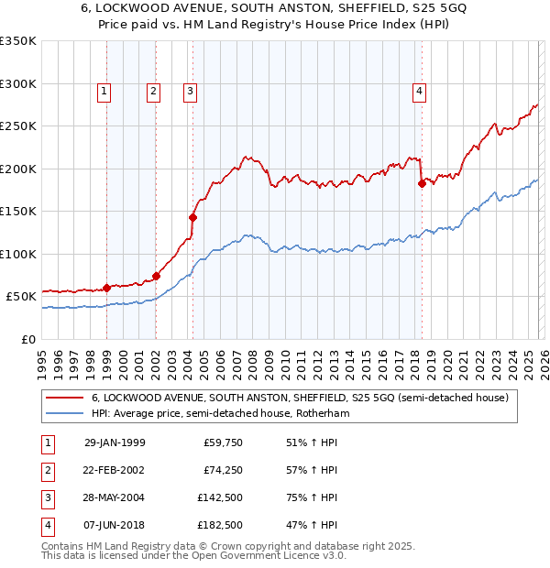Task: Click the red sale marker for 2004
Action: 193,217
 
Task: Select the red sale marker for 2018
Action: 422,183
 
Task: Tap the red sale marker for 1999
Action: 106,288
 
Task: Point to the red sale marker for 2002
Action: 156,276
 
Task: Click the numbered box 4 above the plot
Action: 419,91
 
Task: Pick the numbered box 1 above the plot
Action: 104,91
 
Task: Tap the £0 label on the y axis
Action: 27,339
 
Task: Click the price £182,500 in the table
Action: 219,526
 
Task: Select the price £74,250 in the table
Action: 222,471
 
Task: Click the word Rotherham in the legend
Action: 319,414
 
